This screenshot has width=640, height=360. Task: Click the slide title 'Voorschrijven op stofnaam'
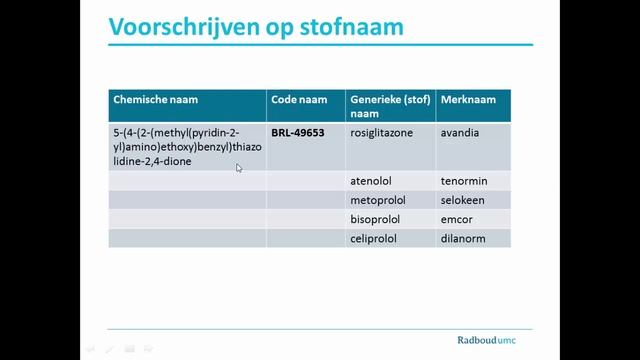pyautogui.click(x=255, y=25)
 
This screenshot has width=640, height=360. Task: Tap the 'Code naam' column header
pyautogui.click(x=297, y=100)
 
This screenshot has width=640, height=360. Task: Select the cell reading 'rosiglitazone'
pyautogui.click(x=381, y=131)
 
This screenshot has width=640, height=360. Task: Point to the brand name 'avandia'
pyautogui.click(x=460, y=131)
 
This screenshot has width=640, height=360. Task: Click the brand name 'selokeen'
pyautogui.click(x=464, y=201)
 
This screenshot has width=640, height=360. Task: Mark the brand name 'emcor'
pyautogui.click(x=457, y=219)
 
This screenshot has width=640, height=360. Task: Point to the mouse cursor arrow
pyautogui.click(x=239, y=168)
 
